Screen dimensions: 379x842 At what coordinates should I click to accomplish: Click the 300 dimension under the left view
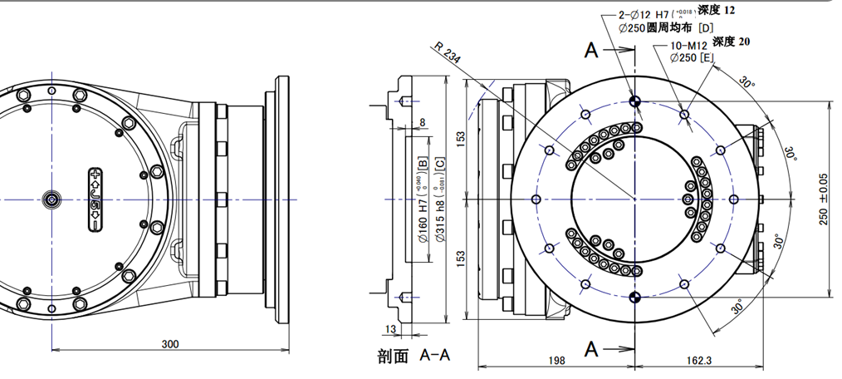tap(170, 343)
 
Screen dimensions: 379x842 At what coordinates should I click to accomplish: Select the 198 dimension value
tap(556, 360)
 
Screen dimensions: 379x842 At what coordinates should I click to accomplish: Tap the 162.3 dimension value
tap(699, 360)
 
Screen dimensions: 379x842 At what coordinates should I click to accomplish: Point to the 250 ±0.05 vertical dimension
tap(823, 199)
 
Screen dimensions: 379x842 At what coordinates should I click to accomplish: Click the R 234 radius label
tap(448, 53)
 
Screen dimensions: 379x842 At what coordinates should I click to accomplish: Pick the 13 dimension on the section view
tap(392, 329)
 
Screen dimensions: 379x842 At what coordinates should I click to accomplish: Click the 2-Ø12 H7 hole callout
tap(653, 14)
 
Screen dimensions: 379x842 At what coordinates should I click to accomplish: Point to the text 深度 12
tap(716, 11)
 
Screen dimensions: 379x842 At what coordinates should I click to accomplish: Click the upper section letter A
tap(590, 51)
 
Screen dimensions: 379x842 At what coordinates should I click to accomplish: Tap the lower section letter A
tap(590, 348)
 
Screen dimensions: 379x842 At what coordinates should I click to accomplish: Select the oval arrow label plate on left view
tap(95, 199)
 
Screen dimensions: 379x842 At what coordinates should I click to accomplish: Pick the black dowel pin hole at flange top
tap(635, 101)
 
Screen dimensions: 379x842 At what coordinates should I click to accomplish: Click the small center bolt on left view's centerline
tap(52, 199)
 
